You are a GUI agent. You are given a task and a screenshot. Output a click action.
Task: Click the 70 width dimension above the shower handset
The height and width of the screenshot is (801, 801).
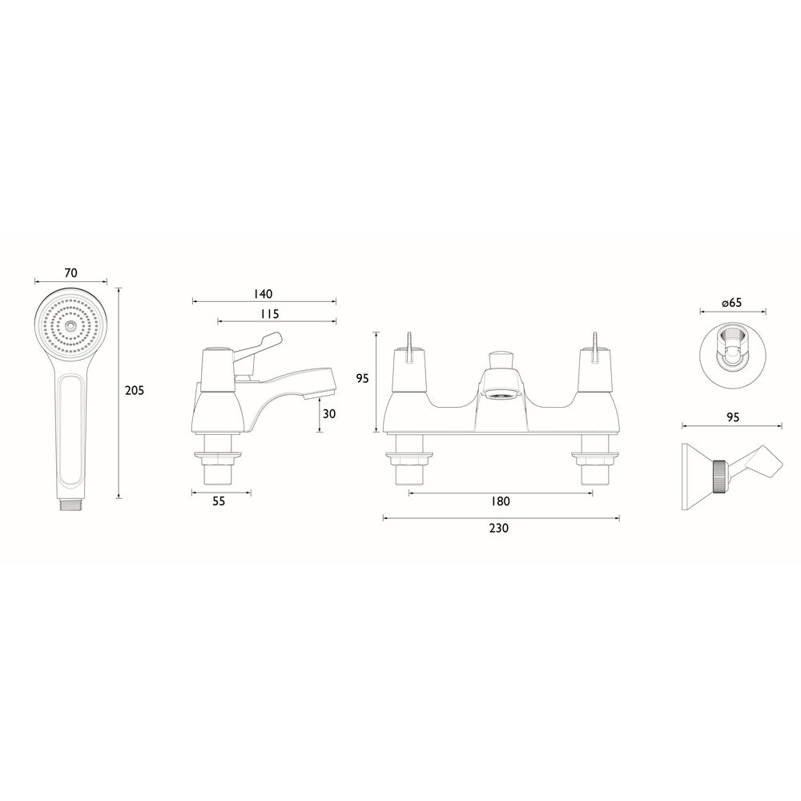70,272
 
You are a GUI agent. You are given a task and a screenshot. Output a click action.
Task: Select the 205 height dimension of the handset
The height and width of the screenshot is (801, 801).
135,390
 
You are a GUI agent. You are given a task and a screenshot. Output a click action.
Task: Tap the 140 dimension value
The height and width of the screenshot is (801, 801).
264,293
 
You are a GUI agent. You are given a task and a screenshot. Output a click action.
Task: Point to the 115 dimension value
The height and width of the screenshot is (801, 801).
269,314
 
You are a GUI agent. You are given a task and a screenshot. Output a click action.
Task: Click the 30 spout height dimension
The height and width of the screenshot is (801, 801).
330,413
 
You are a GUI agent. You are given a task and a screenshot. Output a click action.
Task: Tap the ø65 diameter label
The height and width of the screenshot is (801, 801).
731,303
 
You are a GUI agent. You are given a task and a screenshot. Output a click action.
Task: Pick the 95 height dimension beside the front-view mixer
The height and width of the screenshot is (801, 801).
362,379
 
